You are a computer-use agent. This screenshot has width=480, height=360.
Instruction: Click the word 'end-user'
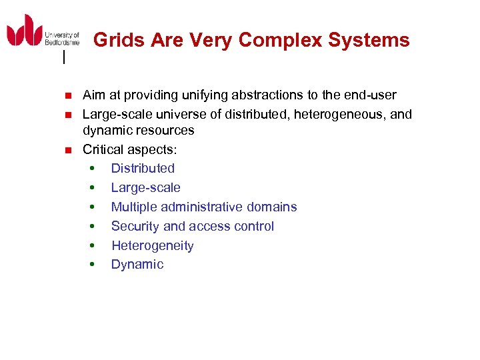pyautogui.click(x=371, y=95)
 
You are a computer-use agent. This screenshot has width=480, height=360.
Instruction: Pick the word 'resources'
pyautogui.click(x=164, y=130)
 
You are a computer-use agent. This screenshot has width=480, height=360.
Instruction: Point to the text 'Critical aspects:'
pyautogui.click(x=129, y=149)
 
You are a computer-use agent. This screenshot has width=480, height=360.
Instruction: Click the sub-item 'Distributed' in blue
pyautogui.click(x=143, y=169)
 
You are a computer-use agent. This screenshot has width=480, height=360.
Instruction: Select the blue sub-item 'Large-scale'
pyautogui.click(x=145, y=188)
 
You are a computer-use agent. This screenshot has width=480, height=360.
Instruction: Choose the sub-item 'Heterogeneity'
pyautogui.click(x=152, y=246)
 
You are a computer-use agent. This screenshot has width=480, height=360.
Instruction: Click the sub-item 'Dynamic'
pyautogui.click(x=137, y=265)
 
